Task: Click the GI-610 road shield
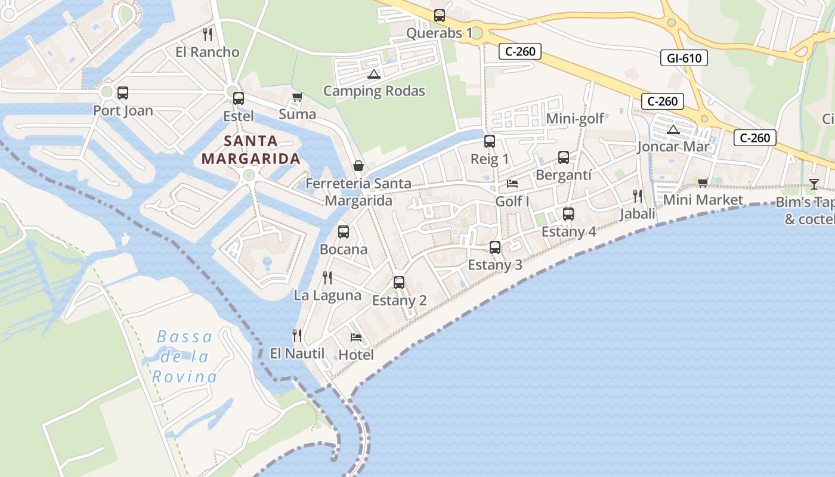point(684,58)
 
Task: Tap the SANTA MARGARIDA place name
point(250,150)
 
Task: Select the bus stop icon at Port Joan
point(123,93)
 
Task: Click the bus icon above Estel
point(239,98)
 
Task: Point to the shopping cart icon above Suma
point(297,97)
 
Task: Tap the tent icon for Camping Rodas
point(374,75)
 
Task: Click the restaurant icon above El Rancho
point(208,35)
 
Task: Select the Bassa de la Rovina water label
point(184,357)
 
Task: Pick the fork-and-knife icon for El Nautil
point(297,336)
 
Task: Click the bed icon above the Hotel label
point(356,337)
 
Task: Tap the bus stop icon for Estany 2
point(399,283)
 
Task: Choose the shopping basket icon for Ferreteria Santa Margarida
point(358,166)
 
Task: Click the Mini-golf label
point(575,119)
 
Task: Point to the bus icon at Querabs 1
point(440,16)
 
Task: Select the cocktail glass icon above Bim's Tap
point(814,184)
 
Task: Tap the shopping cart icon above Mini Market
point(703,182)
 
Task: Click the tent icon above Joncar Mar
point(673,129)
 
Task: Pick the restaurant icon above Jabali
point(638,196)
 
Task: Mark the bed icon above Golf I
point(512,184)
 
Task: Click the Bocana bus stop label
point(344,249)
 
